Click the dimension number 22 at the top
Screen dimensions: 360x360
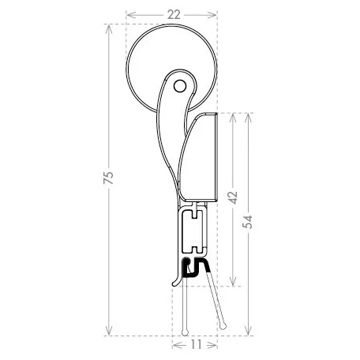[x=174, y=15]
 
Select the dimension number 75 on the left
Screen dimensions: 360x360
[x=108, y=178]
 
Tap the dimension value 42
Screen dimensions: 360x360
[x=233, y=197]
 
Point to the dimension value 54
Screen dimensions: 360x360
[x=247, y=222]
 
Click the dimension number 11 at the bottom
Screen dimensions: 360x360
[x=195, y=344]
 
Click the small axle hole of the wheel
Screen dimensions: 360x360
[x=180, y=86]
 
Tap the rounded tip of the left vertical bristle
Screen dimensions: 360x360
[x=186, y=332]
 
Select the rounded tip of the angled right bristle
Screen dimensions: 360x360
[x=223, y=326]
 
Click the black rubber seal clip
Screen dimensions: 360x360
[x=195, y=268]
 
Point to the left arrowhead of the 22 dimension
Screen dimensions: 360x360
[x=130, y=15]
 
